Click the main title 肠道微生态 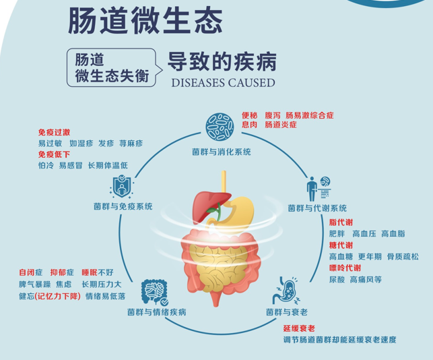tap(145, 21)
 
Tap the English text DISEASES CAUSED tap(223, 83)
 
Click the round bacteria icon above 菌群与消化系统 tap(220, 127)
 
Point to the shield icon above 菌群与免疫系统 tap(121, 187)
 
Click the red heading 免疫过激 tap(54, 132)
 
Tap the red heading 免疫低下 tap(54, 154)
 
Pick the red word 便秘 tap(250, 115)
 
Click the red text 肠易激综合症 tap(310, 115)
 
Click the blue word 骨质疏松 tap(403, 257)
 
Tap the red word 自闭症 tap(31, 272)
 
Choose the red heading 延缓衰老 tap(299, 328)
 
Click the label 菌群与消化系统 tap(222, 152)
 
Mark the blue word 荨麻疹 tap(131, 143)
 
